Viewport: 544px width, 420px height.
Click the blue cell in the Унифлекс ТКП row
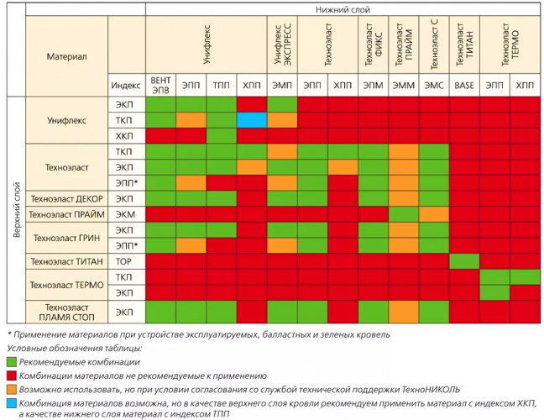pyautogui.click(x=252, y=120)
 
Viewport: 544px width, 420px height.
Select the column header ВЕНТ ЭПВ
pyautogui.click(x=160, y=86)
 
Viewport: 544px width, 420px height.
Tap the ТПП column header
pyautogui.click(x=221, y=86)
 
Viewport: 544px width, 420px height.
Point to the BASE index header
pyautogui.click(x=464, y=86)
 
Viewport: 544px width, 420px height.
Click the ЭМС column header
pyautogui.click(x=434, y=86)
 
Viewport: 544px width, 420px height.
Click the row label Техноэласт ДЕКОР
pyautogui.click(x=65, y=199)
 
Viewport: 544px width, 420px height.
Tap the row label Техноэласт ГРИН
pyautogui.click(x=65, y=238)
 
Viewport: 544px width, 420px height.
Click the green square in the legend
pyautogui.click(x=11, y=360)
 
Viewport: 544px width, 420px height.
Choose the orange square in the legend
pyautogui.click(x=11, y=389)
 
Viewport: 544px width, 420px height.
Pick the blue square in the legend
pyautogui.click(x=11, y=404)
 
